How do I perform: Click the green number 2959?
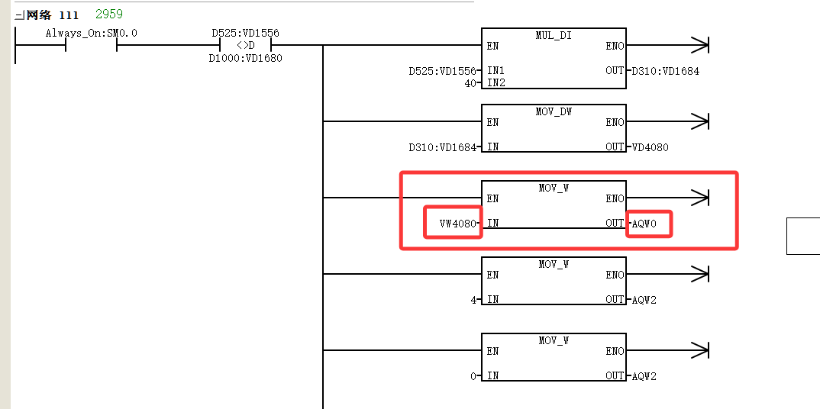click(x=109, y=14)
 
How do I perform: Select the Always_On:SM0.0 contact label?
click(x=92, y=34)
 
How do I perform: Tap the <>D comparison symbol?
click(x=245, y=46)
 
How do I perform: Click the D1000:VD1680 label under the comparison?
click(x=245, y=58)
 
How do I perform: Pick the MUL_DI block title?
click(x=554, y=35)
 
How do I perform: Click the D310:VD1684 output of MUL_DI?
click(x=665, y=70)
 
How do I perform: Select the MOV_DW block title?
click(x=554, y=111)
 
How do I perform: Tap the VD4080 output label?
click(x=650, y=147)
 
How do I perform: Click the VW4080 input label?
click(x=458, y=224)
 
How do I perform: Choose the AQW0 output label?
click(x=644, y=224)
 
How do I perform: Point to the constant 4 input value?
click(x=473, y=300)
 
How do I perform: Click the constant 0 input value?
click(x=473, y=376)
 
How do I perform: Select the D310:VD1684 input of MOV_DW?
click(x=443, y=147)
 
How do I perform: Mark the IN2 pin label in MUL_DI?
click(x=496, y=82)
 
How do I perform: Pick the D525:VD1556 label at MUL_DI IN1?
click(x=443, y=70)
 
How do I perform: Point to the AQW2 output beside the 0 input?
click(x=644, y=376)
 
